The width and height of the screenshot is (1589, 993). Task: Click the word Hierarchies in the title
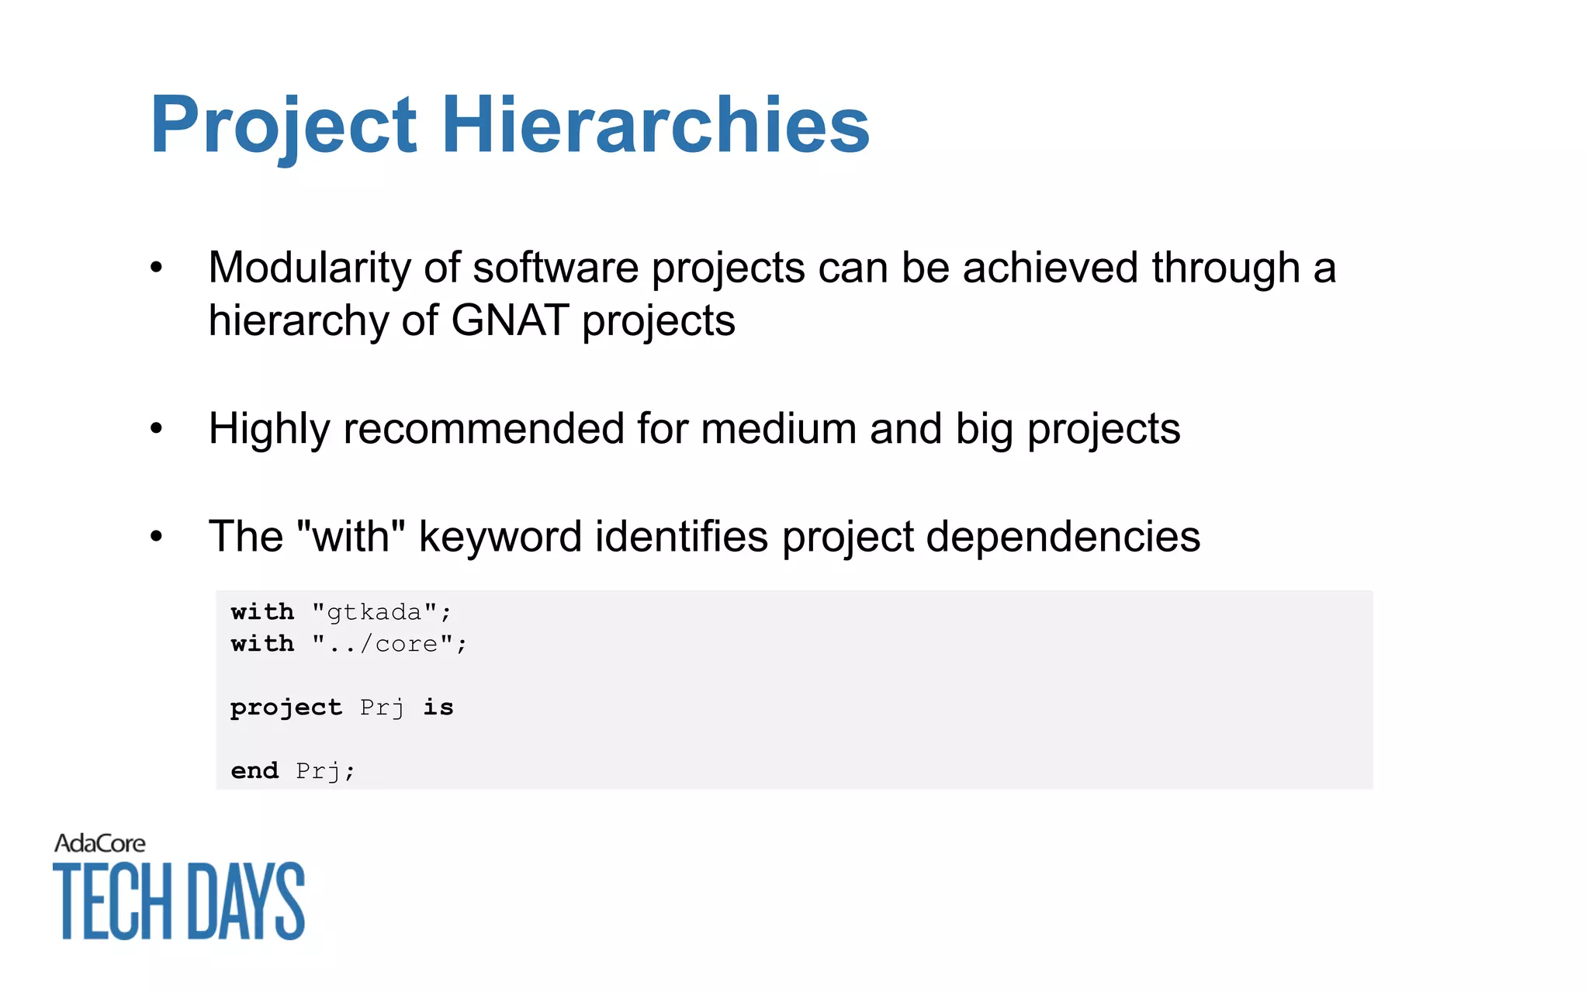(656, 124)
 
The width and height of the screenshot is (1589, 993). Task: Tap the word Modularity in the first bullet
(309, 268)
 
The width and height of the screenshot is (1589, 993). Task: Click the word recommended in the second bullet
(483, 428)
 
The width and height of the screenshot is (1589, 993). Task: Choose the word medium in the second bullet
(778, 428)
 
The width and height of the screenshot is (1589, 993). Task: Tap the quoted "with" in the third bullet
(351, 536)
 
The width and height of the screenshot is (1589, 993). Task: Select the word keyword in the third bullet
(500, 536)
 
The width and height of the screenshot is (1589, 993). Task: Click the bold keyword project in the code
(286, 708)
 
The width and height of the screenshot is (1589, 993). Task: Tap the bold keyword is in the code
(438, 708)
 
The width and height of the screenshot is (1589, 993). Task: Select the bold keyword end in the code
(254, 771)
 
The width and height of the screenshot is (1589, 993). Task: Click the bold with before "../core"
(262, 645)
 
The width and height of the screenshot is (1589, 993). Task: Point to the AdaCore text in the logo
(100, 843)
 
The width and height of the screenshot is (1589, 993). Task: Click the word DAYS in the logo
(247, 901)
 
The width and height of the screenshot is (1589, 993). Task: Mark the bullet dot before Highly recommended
(157, 429)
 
